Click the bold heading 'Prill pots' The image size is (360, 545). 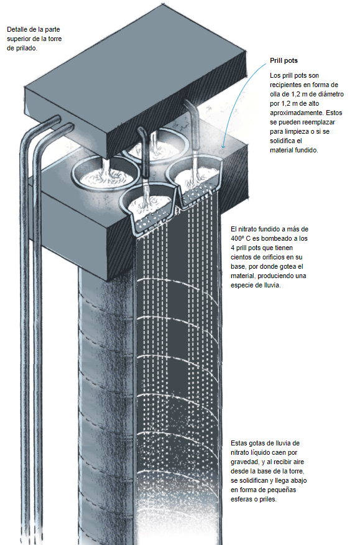point(284,60)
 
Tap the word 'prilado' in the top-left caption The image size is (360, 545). point(26,49)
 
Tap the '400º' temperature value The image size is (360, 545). point(238,239)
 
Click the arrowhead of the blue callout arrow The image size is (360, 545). point(223,146)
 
